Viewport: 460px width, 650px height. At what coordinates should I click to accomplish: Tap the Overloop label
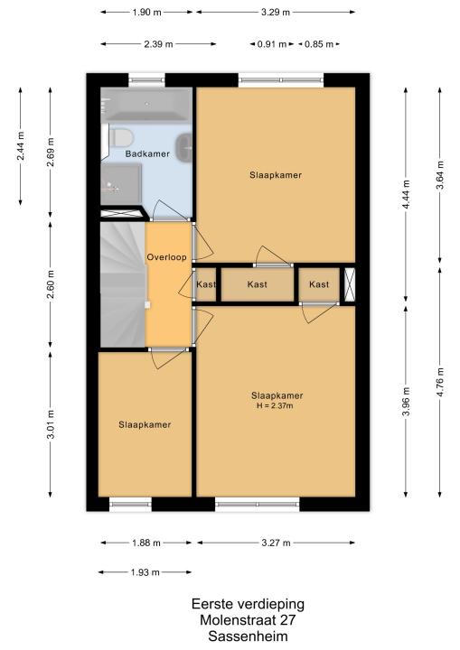(166, 257)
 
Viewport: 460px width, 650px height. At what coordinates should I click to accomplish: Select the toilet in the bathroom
(121, 137)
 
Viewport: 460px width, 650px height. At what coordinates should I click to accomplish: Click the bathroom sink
(184, 147)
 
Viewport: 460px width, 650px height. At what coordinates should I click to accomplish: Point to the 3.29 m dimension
(276, 12)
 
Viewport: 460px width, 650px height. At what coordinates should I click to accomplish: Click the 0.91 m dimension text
(272, 44)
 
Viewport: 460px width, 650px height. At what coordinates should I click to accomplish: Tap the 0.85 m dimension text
(319, 44)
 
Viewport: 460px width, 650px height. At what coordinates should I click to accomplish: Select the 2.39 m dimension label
(158, 44)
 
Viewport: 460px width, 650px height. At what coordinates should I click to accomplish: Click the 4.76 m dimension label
(440, 382)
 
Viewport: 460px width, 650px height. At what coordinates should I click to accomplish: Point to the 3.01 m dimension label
(51, 424)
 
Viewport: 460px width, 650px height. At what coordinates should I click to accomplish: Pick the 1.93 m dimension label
(145, 572)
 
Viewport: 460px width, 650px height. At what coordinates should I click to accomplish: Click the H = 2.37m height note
(275, 406)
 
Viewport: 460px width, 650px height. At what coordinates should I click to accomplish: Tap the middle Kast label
(257, 284)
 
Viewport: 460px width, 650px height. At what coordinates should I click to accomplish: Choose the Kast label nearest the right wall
(319, 284)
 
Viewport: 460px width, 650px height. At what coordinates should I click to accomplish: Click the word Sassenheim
(248, 636)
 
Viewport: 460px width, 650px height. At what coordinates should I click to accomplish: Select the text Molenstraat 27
(248, 620)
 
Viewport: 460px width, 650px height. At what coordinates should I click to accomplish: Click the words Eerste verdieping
(248, 604)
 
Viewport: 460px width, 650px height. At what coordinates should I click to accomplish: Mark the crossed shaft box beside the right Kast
(350, 284)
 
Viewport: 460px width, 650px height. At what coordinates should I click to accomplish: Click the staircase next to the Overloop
(123, 284)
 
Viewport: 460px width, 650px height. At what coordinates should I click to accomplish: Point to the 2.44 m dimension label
(21, 145)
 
